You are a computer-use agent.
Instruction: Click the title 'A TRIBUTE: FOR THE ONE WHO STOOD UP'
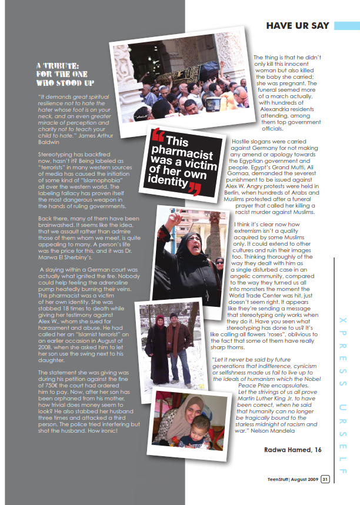[61, 75]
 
